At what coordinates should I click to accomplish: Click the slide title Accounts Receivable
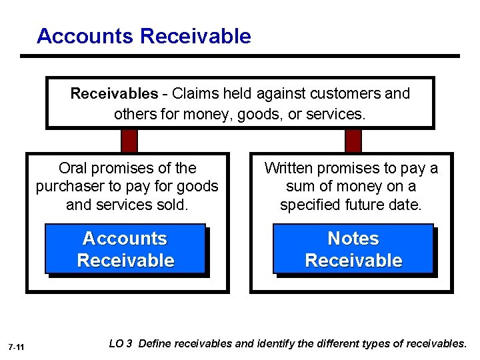[x=144, y=35]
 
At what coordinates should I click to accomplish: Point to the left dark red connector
[x=129, y=141]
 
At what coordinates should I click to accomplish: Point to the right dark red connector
[x=353, y=141]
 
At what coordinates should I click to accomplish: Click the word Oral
[x=73, y=168]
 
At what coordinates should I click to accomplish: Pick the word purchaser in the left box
[x=70, y=186]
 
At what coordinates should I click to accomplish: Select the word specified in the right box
[x=310, y=205]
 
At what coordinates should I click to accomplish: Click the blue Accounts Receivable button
[x=125, y=249]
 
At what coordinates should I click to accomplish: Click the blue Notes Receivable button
[x=353, y=249]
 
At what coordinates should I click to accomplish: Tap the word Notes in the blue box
[x=353, y=239]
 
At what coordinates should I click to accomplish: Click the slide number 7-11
[x=17, y=347]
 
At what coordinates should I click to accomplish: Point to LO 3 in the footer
[x=120, y=343]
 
